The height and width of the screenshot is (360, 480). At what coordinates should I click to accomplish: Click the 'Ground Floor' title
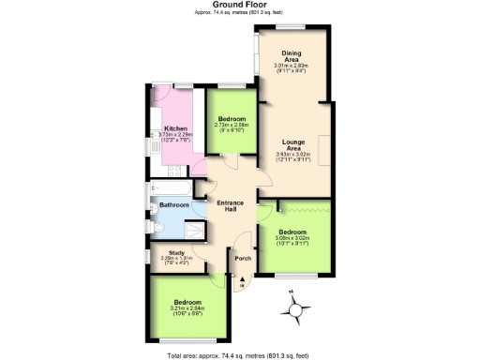pyautogui.click(x=239, y=5)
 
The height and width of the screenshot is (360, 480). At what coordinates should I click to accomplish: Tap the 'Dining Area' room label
pyautogui.click(x=292, y=56)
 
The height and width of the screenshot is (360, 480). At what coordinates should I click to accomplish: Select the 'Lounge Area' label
pyautogui.click(x=292, y=145)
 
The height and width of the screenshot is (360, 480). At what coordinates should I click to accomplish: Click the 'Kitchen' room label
pyautogui.click(x=175, y=128)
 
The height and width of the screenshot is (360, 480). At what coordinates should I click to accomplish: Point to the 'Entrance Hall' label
pyautogui.click(x=231, y=207)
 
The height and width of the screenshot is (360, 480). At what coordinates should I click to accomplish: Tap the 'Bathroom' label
pyautogui.click(x=173, y=205)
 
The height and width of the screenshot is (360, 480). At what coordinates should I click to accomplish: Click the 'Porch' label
pyautogui.click(x=242, y=258)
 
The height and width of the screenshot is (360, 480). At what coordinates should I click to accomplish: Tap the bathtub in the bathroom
pyautogui.click(x=171, y=191)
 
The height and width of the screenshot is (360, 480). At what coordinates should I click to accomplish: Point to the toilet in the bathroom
pyautogui.click(x=155, y=227)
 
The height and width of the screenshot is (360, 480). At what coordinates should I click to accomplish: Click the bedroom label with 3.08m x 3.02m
pyautogui.click(x=292, y=236)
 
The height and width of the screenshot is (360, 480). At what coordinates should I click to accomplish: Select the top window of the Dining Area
pyautogui.click(x=292, y=27)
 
